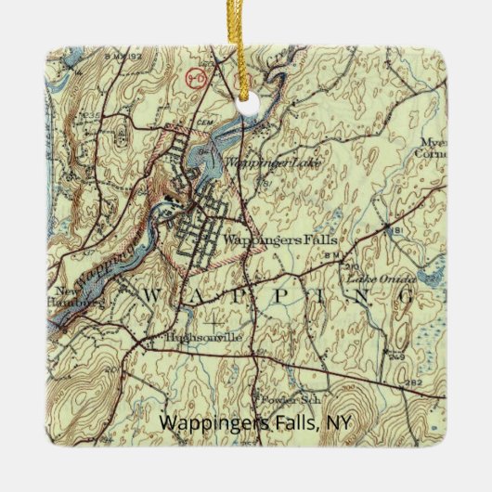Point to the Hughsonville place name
pyautogui.click(x=202, y=338)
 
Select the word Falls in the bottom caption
pyautogui.click(x=287, y=422)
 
